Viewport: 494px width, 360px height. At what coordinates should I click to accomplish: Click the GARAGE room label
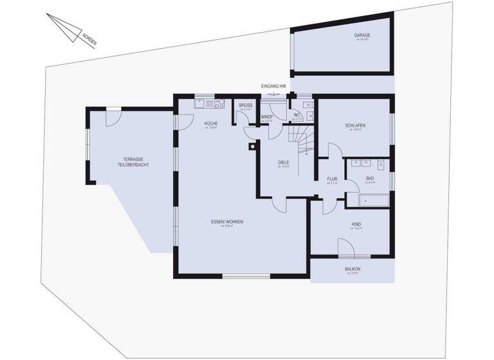pyautogui.click(x=362, y=35)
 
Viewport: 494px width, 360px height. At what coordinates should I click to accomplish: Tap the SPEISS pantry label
pyautogui.click(x=245, y=105)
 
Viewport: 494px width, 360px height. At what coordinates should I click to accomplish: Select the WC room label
pyautogui.click(x=297, y=115)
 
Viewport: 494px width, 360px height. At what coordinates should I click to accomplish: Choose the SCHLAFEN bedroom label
pyautogui.click(x=355, y=125)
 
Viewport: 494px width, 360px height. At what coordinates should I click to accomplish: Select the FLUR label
pyautogui.click(x=332, y=179)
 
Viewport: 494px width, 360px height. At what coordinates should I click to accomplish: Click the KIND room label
pyautogui.click(x=356, y=224)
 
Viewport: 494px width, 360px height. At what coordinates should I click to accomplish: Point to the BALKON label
pyautogui.click(x=352, y=269)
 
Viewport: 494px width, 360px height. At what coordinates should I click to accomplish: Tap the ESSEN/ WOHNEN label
pyautogui.click(x=226, y=222)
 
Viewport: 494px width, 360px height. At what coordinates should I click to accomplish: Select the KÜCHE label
pyautogui.click(x=211, y=123)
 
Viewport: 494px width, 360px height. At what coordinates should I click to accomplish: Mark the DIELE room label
pyautogui.click(x=284, y=163)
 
